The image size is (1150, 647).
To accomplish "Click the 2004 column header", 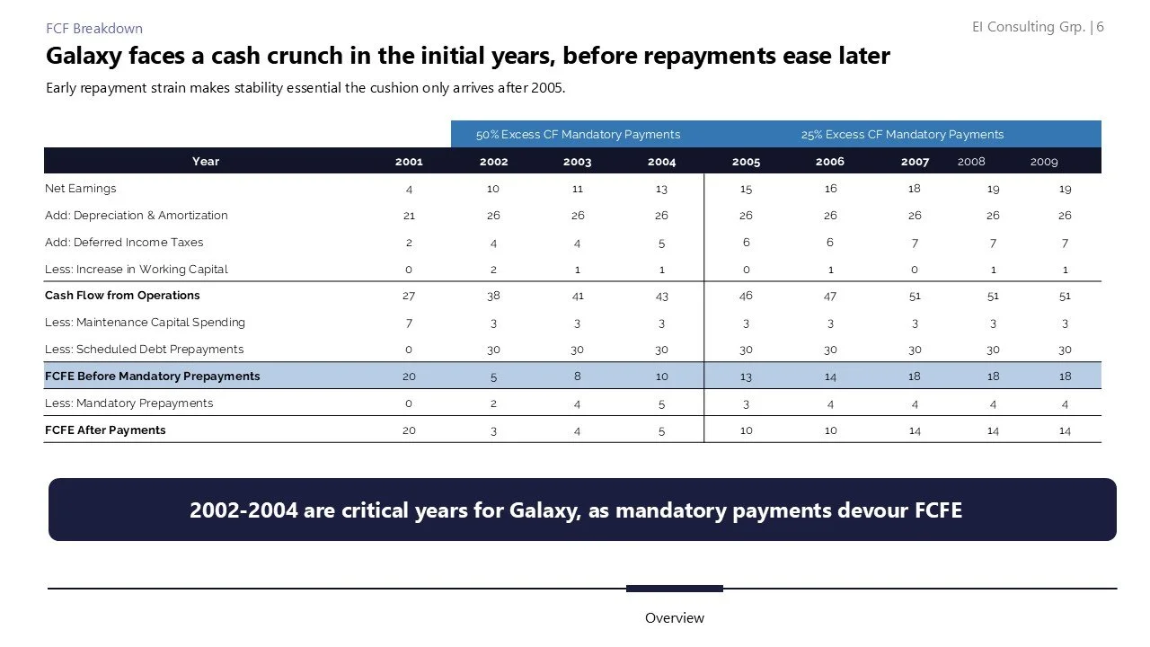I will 661,162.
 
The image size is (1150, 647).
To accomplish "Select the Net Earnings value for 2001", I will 409,190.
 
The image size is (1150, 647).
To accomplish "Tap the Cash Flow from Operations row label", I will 122,296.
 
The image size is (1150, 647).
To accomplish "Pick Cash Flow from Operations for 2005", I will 746,296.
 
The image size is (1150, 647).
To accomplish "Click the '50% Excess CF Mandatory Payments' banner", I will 578,135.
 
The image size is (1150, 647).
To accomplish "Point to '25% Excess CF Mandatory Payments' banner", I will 902,135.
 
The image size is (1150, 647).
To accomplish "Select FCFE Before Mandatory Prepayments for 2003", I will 577,377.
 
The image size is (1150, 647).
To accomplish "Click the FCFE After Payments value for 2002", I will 493,431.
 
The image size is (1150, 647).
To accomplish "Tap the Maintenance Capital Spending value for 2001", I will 409,323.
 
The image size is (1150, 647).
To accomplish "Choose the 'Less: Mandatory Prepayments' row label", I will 128,403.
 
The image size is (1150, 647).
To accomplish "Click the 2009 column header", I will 1044,162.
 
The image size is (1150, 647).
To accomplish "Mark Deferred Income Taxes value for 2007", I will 914,243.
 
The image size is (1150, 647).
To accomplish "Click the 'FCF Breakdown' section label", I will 94,29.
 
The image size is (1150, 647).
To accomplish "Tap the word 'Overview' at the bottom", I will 674,618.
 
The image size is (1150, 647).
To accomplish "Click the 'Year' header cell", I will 205,162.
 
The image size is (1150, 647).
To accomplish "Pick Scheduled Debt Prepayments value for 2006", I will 830,350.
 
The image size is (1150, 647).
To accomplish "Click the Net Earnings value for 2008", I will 993,190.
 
